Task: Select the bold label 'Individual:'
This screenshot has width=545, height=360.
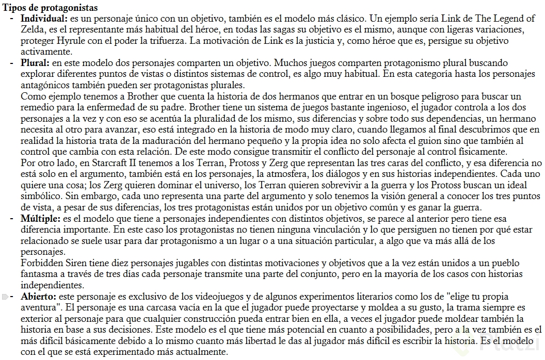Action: [x=43, y=18]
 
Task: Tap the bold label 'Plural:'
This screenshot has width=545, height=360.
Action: [x=36, y=63]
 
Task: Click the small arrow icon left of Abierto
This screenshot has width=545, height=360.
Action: [x=5, y=297]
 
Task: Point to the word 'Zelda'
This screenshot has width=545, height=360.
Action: [x=33, y=29]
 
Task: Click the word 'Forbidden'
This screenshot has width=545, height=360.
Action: [x=41, y=263]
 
